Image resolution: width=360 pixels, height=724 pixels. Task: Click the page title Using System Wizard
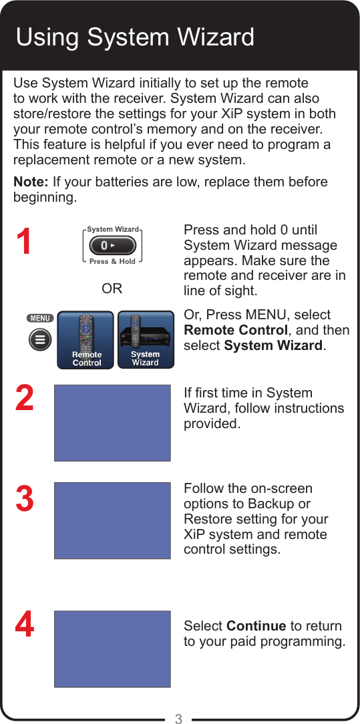(135, 37)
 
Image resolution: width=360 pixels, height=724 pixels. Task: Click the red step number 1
(24, 242)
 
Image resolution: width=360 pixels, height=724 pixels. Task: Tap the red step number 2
(24, 398)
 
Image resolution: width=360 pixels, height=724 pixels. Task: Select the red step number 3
(24, 499)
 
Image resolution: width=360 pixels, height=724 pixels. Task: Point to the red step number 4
(24, 626)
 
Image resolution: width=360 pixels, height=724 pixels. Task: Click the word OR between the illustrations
(112, 289)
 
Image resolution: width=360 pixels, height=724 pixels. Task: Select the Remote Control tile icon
(85, 339)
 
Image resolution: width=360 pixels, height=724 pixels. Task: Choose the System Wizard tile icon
(146, 339)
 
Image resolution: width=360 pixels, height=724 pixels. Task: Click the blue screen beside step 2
(112, 423)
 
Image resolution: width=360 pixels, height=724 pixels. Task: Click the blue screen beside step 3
(112, 520)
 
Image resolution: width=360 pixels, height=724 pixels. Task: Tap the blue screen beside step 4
(112, 649)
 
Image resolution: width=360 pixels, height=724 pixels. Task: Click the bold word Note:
(31, 182)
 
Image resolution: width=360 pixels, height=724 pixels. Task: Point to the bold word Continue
(256, 626)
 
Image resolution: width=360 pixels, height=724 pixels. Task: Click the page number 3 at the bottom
(178, 719)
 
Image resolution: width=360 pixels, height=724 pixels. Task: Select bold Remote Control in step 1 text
(235, 330)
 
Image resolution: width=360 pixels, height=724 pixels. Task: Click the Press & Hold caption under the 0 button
(112, 262)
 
